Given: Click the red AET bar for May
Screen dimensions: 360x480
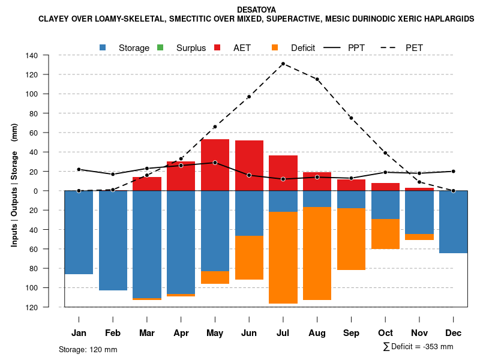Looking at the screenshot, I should point(215,165).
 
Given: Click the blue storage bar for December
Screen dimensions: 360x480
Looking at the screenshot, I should point(453,222).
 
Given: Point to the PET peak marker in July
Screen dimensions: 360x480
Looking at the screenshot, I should point(283,64).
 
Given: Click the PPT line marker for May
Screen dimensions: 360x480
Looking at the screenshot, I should point(215,163).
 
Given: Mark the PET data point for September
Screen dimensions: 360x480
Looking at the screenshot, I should point(351,118).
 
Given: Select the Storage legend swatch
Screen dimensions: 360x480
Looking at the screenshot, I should point(103,47).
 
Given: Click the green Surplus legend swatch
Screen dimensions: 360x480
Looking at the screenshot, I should point(160,47).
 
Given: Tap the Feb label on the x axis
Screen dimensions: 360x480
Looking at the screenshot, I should point(113,333).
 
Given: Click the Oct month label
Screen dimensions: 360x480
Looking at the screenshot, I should point(385,333).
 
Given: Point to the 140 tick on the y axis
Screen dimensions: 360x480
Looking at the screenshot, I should point(49,56).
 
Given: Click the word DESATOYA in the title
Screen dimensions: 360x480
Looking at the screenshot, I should point(256,10).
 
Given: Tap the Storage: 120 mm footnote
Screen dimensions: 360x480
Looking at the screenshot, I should point(88,349).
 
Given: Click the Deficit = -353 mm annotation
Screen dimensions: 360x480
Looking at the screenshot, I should point(418,347).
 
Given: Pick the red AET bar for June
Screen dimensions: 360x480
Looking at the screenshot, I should point(249,166).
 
